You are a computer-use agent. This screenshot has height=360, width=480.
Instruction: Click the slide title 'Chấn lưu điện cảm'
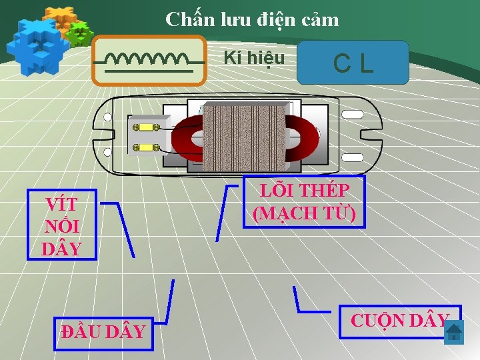click(x=252, y=19)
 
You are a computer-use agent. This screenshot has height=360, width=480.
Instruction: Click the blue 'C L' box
click(x=353, y=63)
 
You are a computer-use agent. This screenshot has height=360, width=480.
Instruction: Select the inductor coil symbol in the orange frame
click(x=149, y=61)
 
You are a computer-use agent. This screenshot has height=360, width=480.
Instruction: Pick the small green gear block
click(x=80, y=33)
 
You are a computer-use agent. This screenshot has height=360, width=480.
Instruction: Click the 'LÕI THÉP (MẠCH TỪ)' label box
click(x=305, y=201)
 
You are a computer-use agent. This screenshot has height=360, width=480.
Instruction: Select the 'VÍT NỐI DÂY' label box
click(x=61, y=227)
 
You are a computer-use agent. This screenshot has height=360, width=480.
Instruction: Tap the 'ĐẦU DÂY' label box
click(x=103, y=331)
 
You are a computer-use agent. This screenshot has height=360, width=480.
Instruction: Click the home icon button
click(x=453, y=332)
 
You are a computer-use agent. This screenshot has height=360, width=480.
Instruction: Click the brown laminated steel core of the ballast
click(x=246, y=137)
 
